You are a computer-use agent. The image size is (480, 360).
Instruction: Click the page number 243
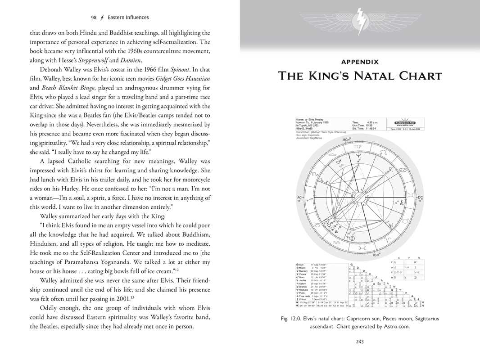360,342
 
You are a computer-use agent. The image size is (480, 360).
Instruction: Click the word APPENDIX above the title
360,62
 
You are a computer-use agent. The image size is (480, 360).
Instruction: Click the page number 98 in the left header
94,18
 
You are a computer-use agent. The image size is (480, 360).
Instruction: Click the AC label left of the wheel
299,198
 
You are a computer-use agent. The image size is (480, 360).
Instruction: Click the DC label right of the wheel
420,198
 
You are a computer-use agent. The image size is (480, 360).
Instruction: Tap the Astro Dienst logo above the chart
404,122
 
